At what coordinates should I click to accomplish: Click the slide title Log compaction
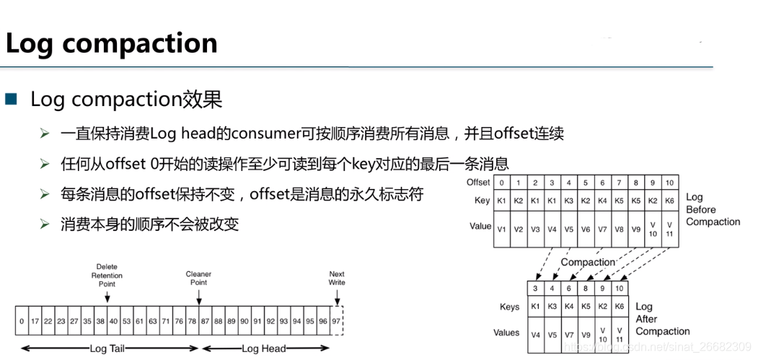111,43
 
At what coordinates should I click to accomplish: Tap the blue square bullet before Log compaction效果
11,99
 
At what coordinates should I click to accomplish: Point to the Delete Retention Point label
107,275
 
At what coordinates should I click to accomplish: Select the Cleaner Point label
198,278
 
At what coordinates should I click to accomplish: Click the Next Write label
337,278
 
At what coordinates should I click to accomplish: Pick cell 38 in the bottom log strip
100,320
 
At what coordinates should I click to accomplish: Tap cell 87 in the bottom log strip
205,320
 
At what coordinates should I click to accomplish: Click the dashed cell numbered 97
336,320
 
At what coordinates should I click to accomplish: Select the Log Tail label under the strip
107,348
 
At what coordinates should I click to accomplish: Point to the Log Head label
263,348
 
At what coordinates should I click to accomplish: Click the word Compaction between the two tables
589,263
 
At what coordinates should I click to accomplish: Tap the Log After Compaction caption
662,319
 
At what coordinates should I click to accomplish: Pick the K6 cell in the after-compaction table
618,307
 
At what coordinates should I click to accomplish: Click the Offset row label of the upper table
478,183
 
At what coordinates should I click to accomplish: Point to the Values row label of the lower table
506,333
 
